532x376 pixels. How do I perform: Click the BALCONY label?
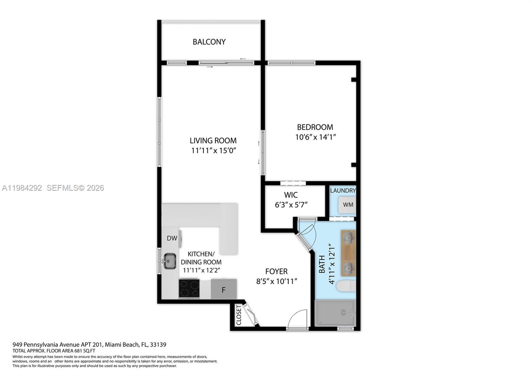(x=209, y=42)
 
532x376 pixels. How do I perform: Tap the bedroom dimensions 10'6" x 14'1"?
(x=316, y=137)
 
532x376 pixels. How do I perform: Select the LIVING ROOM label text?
(x=213, y=140)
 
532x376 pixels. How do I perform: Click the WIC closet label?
(x=291, y=195)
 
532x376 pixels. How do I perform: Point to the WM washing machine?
(x=348, y=205)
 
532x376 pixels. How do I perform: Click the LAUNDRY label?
(x=342, y=191)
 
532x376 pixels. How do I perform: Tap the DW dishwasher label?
(x=172, y=238)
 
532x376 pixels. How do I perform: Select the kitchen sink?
(x=170, y=261)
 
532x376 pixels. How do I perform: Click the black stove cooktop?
(x=189, y=288)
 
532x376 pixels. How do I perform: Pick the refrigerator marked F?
(x=224, y=289)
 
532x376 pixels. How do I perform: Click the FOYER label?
(x=276, y=272)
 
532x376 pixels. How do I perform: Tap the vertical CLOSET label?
(x=239, y=315)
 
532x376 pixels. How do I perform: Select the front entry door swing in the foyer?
(x=297, y=319)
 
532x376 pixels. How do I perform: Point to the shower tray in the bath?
(x=335, y=313)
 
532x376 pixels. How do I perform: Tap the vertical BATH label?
(x=322, y=264)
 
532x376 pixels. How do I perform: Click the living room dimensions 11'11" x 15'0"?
(x=213, y=150)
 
